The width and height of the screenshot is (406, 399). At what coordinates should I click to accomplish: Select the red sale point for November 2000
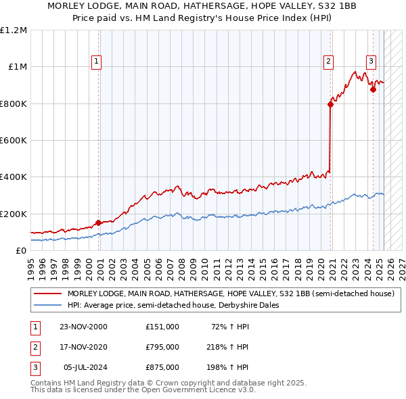pyautogui.click(x=99, y=222)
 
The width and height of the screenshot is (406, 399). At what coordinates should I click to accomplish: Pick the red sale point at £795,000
pyautogui.click(x=330, y=104)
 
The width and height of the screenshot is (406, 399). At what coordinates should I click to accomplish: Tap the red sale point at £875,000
pyautogui.click(x=373, y=89)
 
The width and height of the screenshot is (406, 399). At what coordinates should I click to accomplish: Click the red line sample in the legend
pyautogui.click(x=47, y=294)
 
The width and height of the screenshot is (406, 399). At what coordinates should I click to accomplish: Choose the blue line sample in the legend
pyautogui.click(x=47, y=305)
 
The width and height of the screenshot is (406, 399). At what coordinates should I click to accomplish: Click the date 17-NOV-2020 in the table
pyautogui.click(x=83, y=347)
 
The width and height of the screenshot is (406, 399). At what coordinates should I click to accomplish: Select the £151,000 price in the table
pyautogui.click(x=162, y=326)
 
